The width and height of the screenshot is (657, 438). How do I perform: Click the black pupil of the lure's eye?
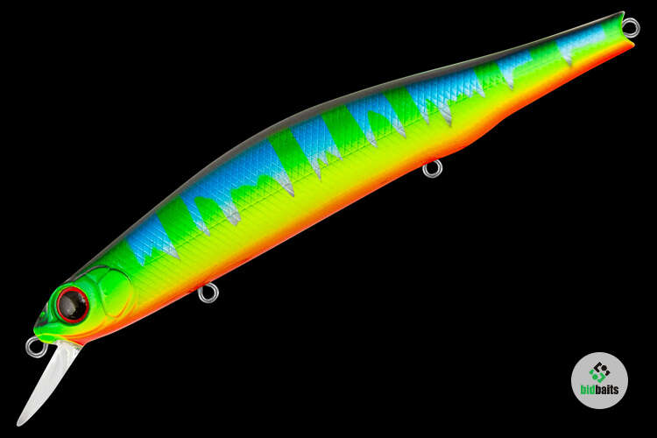(73, 305)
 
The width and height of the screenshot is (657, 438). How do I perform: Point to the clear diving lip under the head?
(48, 380)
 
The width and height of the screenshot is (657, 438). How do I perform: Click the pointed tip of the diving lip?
(19, 424)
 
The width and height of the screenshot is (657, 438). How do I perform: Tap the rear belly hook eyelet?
(432, 168)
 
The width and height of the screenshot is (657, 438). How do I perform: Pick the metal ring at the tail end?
(631, 27)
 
